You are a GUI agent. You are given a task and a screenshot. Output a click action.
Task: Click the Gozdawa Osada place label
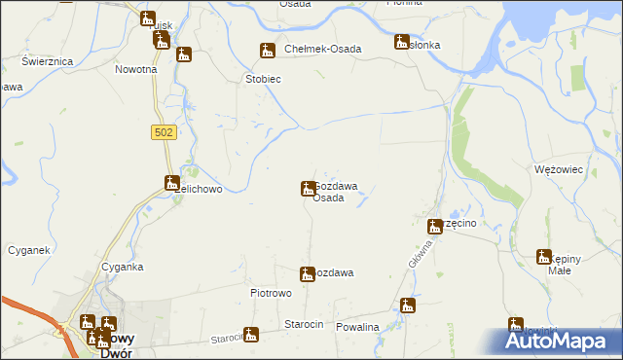tap(336, 192)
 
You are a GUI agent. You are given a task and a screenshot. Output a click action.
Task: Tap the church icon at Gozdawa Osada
tap(308, 188)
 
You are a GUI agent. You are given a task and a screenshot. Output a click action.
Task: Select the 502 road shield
tap(164, 132)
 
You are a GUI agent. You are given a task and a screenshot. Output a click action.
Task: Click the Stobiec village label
tap(263, 79)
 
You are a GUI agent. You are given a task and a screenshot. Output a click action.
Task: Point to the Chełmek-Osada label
tap(323, 50)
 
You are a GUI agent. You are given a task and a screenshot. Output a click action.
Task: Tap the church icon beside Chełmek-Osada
tap(267, 51)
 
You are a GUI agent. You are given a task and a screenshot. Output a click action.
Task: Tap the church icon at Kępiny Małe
tap(544, 257)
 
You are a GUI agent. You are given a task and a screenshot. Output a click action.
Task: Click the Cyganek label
tap(28, 250)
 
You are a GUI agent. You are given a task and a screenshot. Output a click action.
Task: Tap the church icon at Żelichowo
tap(171, 182)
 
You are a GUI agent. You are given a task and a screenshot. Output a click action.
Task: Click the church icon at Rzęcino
tap(436, 227)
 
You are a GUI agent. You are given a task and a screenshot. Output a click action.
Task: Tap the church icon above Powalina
tap(407, 306)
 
